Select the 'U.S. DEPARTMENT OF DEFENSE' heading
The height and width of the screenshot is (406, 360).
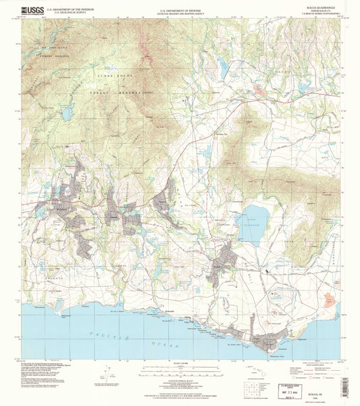click(180, 10)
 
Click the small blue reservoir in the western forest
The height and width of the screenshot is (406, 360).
click(68, 113)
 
